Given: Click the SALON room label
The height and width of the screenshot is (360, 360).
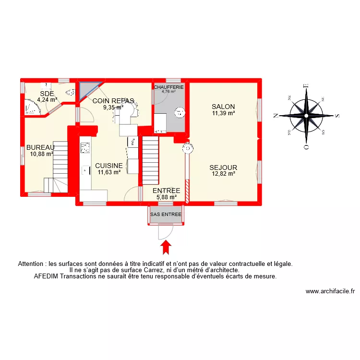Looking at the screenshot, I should (223, 107).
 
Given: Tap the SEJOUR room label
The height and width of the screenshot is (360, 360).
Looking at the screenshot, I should (223, 168).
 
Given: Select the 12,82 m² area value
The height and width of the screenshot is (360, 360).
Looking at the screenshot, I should (223, 174).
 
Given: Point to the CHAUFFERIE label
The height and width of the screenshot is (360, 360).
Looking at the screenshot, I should (168, 87).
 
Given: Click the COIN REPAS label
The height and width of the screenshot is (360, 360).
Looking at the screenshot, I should (113, 101).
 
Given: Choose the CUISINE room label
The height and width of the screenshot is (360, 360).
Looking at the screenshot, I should (109, 165).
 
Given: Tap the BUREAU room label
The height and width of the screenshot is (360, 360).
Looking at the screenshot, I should (40, 147).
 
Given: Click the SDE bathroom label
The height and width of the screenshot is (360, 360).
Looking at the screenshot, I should (47, 94).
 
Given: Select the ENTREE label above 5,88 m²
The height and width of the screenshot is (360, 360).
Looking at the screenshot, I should (166, 191).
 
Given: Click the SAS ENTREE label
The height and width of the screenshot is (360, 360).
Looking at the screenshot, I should (166, 215).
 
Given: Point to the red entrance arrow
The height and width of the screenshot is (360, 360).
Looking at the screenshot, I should (166, 247).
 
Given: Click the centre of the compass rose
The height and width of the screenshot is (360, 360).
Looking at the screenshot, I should (306, 116).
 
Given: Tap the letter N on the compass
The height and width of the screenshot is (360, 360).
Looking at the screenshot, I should (276, 116).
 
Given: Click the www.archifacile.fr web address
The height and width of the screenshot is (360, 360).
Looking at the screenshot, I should (330, 291).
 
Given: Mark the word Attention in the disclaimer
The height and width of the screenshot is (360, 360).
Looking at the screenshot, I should (32, 264).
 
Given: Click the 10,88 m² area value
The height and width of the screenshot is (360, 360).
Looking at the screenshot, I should (41, 154).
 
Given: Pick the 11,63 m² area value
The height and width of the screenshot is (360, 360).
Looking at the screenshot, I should (109, 172).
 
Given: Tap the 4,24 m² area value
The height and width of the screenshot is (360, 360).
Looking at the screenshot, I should (47, 100).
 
